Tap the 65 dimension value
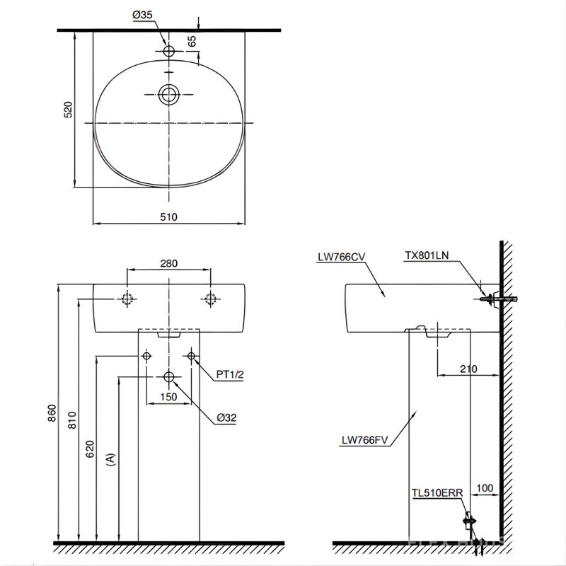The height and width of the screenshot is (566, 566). point(192,42)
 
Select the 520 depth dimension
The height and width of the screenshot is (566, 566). point(68,110)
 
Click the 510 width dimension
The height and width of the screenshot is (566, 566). point(168,216)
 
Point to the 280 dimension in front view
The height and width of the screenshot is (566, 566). point(168,262)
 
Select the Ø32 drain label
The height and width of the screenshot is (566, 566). point(226,417)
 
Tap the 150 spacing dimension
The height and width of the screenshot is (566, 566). point(168,397)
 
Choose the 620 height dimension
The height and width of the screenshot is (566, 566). point(90,451)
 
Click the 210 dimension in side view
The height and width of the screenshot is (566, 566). point(468,369)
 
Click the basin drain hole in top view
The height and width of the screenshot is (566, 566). point(168,94)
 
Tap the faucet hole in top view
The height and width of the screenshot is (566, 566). point(168,52)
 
